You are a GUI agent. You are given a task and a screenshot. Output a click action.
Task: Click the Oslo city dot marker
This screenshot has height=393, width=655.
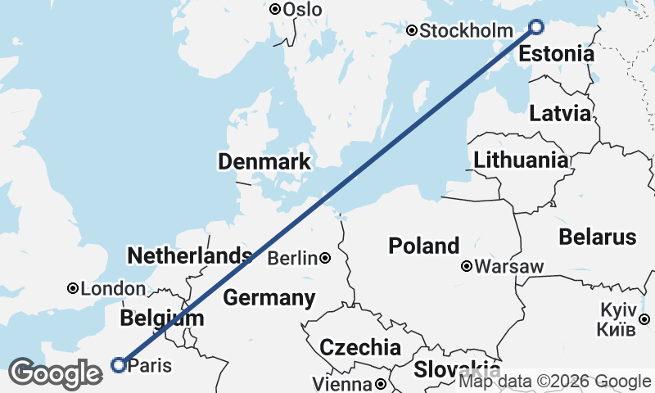pyautogui.click(x=275, y=9)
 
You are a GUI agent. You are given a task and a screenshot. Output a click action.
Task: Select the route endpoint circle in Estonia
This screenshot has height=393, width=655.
pyautogui.click(x=536, y=26)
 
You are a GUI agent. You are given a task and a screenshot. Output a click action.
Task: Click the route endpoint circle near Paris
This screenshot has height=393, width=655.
pyautogui.click(x=119, y=365)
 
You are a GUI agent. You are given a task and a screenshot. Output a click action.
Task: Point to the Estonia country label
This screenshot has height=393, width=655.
pyautogui.click(x=557, y=55)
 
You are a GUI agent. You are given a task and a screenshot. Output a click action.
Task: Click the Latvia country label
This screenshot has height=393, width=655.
pyautogui.click(x=560, y=113)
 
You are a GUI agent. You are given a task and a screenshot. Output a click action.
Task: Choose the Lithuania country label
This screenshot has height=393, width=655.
pyautogui.click(x=520, y=159)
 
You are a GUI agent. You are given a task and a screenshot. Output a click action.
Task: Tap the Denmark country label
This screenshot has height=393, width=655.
pyautogui.click(x=264, y=161)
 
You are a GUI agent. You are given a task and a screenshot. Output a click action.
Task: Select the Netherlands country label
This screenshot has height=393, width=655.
pyautogui.click(x=189, y=255)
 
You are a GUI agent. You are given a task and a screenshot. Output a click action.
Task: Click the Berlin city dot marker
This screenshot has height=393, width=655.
pyautogui.click(x=326, y=259)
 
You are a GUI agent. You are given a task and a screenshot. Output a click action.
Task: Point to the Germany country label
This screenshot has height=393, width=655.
pyautogui.click(x=269, y=297)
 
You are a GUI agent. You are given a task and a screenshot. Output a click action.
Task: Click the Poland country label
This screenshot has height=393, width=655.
pyautogui.click(x=424, y=246)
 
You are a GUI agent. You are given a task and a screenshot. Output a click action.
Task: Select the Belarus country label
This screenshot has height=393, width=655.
pyautogui.click(x=598, y=237)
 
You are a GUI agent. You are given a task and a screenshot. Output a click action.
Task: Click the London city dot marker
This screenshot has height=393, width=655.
pyautogui.click(x=73, y=288)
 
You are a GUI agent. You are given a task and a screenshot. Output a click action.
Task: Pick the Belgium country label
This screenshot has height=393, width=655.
pyautogui.click(x=161, y=318)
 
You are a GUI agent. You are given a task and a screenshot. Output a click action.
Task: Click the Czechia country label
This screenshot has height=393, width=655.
pyautogui.click(x=360, y=346)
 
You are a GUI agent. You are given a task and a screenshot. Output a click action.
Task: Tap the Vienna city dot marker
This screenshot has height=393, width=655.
pyautogui.click(x=381, y=383)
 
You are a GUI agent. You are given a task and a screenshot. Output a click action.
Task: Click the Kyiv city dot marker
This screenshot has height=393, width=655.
pyautogui.click(x=645, y=319)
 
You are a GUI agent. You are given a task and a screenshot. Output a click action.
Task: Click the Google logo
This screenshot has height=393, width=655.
pyautogui.click(x=56, y=373)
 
